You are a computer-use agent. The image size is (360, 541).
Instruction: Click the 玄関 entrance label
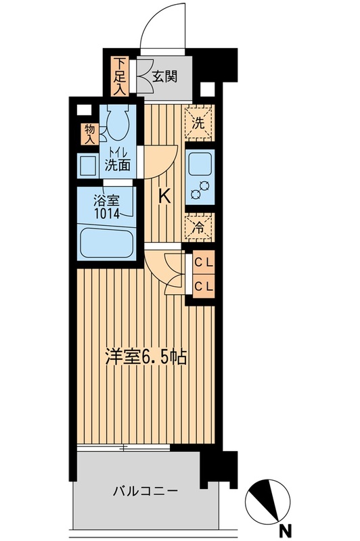164,76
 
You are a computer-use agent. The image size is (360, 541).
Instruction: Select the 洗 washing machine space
199,124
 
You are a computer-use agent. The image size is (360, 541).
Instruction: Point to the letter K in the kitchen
164,197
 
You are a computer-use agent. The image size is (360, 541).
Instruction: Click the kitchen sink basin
199,164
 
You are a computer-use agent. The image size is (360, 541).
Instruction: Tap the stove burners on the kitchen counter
199,192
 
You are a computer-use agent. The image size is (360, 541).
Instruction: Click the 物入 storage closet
89,133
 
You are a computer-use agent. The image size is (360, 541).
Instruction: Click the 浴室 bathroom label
105,200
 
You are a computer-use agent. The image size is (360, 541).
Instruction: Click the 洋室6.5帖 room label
145,357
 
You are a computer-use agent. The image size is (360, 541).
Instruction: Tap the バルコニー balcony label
145,492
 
